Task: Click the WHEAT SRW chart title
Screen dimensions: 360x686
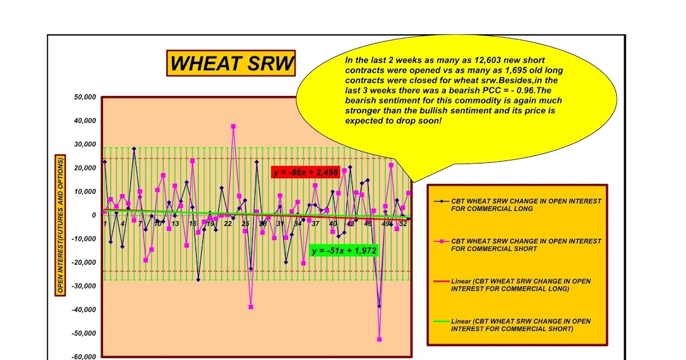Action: point(232,63)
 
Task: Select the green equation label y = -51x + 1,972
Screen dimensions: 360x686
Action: point(344,250)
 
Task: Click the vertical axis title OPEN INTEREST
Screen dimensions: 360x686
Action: point(60,226)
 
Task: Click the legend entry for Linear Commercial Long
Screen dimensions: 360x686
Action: point(520,285)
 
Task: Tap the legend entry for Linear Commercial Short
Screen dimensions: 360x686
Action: point(520,325)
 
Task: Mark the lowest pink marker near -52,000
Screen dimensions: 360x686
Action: point(379,339)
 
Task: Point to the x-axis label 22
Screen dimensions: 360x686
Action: point(228,223)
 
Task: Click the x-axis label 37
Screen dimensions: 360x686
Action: point(315,223)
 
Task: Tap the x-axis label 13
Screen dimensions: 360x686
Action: point(175,223)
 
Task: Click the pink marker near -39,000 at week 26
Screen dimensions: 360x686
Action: point(250,307)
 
